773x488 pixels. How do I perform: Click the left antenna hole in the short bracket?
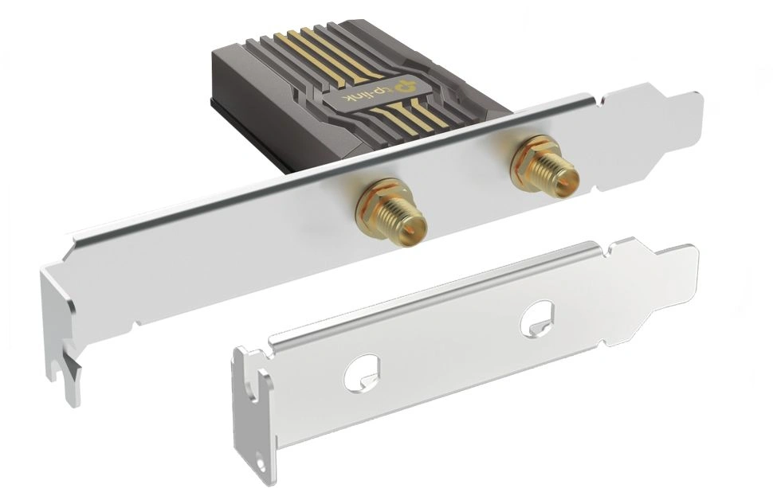362,373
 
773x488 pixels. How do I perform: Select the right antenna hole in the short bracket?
538,319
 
